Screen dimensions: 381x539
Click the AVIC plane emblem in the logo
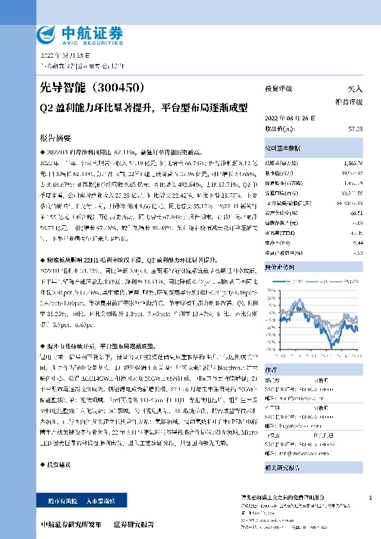click(46, 34)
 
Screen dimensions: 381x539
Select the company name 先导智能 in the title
click(62, 88)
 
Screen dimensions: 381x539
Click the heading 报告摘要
click(55, 138)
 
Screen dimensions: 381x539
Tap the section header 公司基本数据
click(283, 148)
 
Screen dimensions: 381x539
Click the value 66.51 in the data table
click(357, 212)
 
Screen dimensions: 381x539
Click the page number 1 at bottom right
click(371, 497)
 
